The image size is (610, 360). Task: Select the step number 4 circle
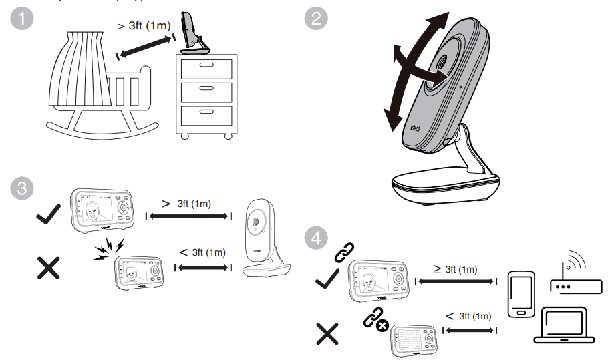(316, 238)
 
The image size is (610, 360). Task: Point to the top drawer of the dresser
(206, 69)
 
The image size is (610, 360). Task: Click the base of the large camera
(445, 186)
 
